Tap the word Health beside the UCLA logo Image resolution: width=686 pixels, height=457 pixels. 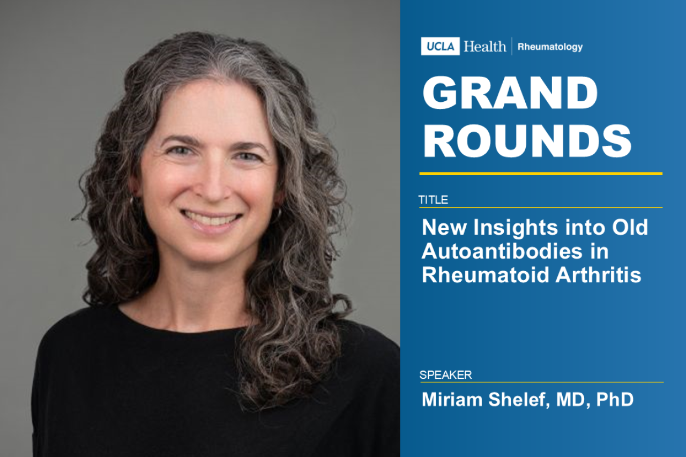point(484,47)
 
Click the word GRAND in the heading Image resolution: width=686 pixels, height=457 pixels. point(510,94)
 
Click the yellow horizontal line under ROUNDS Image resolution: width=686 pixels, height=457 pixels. point(541,174)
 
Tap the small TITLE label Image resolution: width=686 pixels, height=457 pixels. point(433,200)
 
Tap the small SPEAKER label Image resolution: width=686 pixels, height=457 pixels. point(445,375)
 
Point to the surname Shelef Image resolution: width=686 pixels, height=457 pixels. point(514,400)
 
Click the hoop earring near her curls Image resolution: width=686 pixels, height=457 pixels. point(277,214)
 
